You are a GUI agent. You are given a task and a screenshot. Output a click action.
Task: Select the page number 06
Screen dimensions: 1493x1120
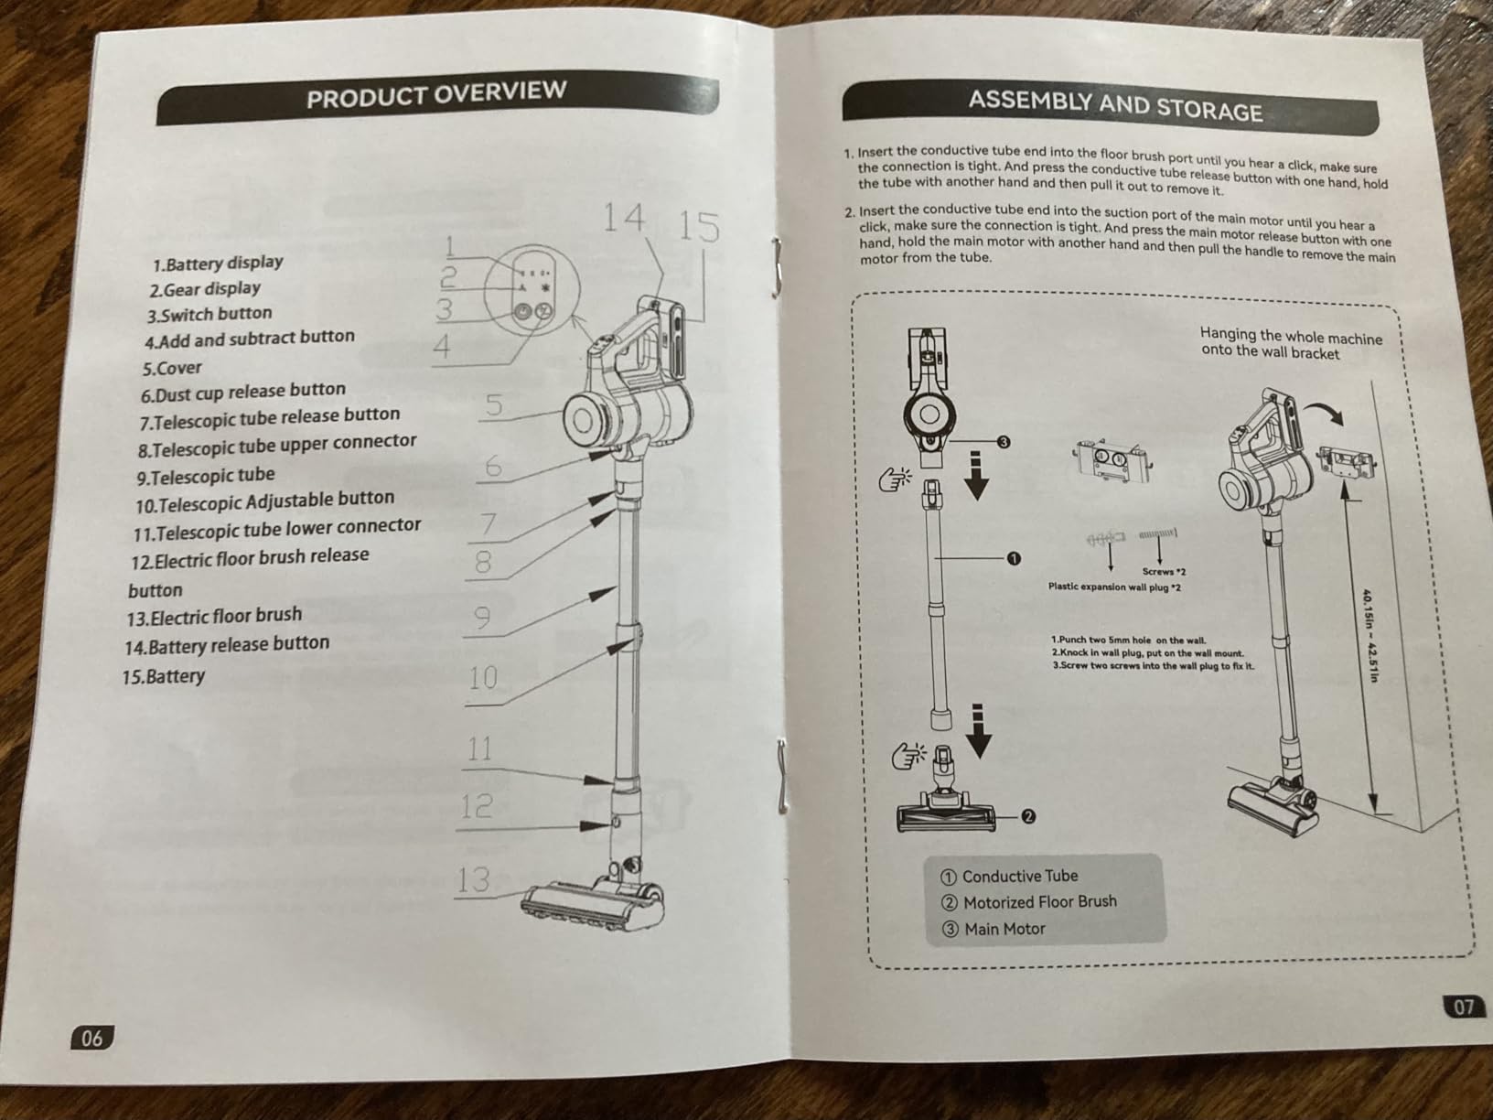click(91, 1038)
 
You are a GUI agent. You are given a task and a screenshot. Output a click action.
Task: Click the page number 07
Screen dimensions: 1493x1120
click(1463, 1007)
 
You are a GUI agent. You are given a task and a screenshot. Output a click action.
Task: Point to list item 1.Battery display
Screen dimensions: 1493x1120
click(218, 264)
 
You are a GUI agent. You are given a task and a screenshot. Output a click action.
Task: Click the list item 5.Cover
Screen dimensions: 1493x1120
click(172, 368)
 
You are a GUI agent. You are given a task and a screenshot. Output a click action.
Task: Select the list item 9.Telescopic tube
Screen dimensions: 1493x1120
click(206, 476)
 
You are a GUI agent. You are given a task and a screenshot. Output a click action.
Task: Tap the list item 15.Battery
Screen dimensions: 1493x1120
click(163, 676)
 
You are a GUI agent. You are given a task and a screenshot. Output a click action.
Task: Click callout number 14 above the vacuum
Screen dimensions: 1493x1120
click(623, 219)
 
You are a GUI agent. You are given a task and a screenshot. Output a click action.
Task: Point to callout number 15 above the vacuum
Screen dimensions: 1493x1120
click(699, 227)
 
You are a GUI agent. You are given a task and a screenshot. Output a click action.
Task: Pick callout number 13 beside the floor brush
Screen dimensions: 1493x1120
click(473, 879)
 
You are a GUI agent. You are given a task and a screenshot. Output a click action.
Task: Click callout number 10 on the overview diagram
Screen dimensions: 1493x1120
click(483, 678)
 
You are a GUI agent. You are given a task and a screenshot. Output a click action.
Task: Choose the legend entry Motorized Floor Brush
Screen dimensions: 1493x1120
click(1029, 901)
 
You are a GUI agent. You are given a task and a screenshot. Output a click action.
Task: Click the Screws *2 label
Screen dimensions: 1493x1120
click(1164, 572)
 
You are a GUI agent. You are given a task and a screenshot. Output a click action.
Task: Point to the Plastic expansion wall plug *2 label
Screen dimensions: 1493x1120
click(1115, 587)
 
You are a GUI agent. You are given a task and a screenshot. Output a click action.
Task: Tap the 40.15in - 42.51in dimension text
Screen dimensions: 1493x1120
click(1369, 635)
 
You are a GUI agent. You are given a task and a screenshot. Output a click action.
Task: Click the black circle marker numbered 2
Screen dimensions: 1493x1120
click(1028, 816)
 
